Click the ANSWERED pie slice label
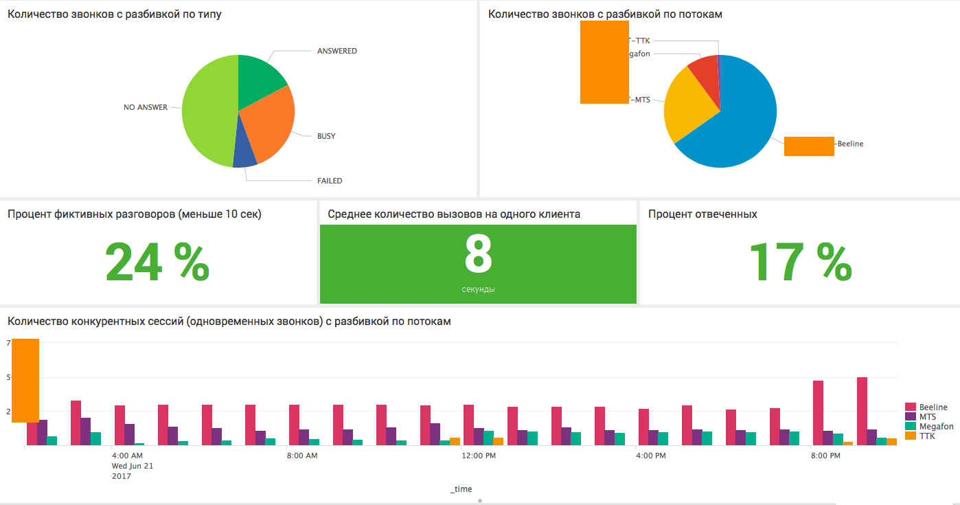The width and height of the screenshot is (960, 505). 336,52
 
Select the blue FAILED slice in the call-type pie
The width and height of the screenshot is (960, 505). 245,158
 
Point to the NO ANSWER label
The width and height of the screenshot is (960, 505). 145,108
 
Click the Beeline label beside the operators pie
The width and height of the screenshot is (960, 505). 850,144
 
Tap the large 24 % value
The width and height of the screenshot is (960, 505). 157,262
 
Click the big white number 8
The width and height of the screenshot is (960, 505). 478,256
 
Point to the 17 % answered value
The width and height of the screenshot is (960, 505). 800,262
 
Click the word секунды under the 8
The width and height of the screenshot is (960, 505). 478,289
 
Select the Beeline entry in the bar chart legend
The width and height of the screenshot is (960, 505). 933,407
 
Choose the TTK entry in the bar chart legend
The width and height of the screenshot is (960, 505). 927,436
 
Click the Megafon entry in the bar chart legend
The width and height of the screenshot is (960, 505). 936,427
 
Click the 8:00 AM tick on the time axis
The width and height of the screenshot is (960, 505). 302,456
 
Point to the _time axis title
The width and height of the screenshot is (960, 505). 461,489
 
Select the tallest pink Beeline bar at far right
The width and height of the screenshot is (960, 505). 862,411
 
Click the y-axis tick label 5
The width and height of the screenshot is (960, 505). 10,377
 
